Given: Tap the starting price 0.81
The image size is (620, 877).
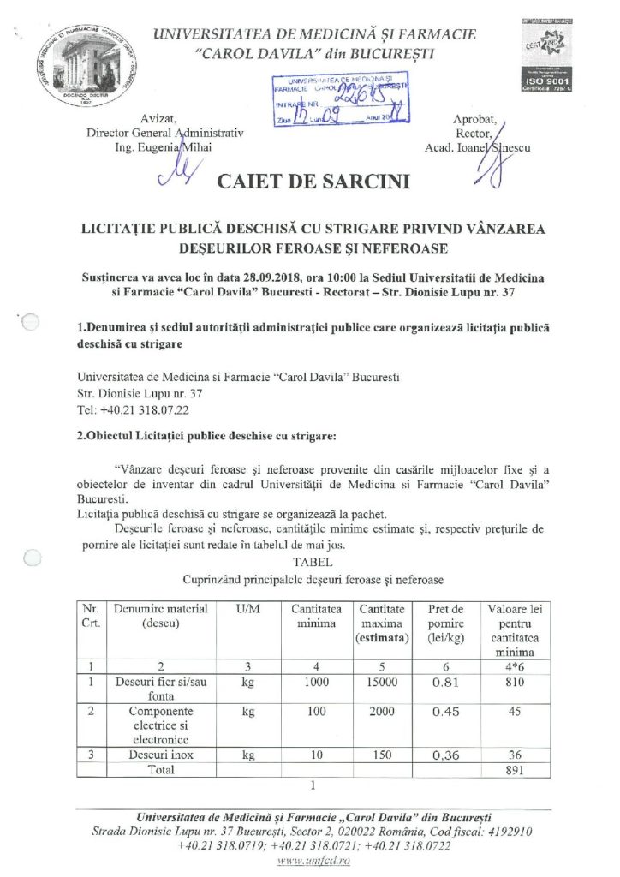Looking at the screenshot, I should click(x=445, y=684).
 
